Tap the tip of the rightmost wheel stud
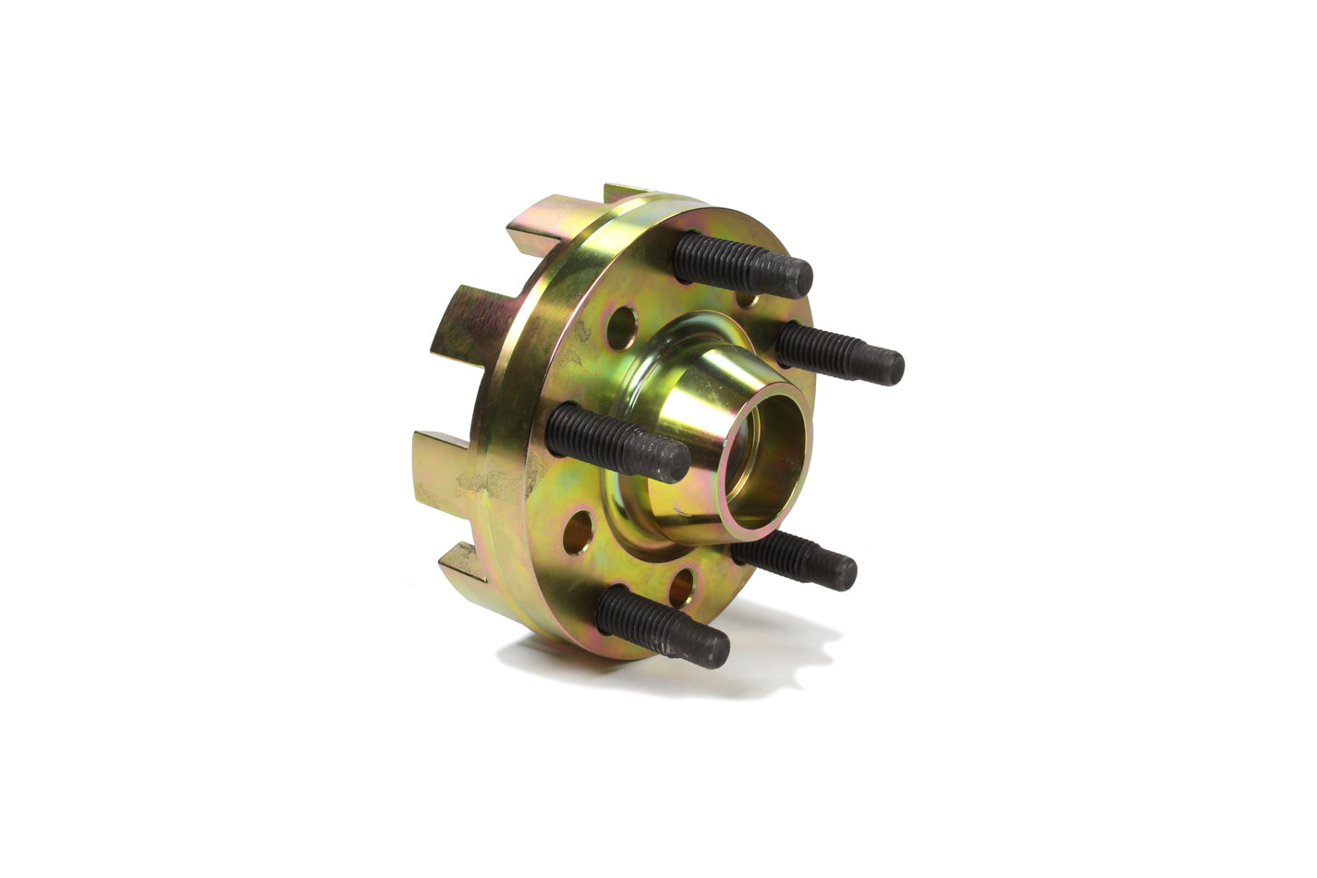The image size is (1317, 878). click(889, 367)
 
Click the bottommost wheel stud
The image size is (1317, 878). click(660, 625)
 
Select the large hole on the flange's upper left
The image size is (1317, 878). click(621, 326)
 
